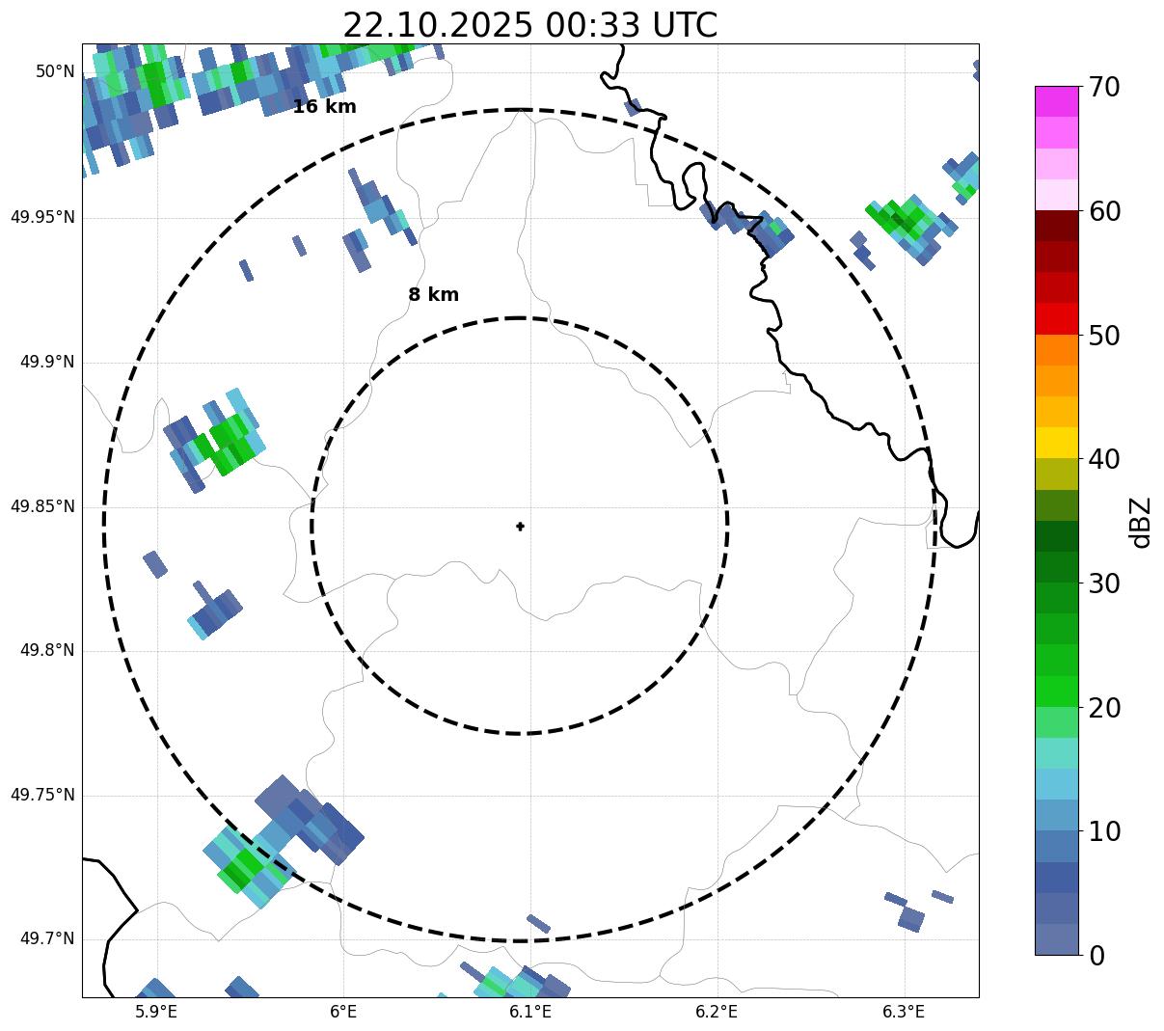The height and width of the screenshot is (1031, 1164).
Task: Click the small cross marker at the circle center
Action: coord(521,526)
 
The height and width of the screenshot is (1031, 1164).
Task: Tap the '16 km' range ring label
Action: coord(324,107)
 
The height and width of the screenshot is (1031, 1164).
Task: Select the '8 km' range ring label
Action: coord(433,295)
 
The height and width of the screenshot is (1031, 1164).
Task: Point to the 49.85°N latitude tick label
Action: coord(42,506)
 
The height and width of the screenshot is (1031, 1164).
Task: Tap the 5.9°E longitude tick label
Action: coord(156,1012)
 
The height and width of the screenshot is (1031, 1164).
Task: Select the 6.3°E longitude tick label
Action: coord(904,1012)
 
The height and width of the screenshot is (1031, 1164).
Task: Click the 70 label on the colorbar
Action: coord(1104,88)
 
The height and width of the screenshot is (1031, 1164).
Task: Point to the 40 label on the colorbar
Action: coord(1104,460)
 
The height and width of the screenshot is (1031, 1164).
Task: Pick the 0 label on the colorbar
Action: coord(1097,956)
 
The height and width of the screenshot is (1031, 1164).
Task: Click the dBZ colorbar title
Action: coord(1142,522)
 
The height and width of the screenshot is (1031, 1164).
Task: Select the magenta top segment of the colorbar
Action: coord(1056,101)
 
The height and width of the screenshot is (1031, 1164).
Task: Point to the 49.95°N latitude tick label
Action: coord(42,217)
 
